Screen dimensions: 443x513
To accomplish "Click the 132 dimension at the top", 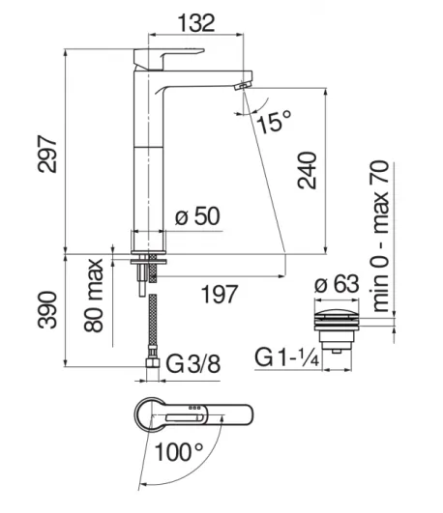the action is click(x=196, y=23).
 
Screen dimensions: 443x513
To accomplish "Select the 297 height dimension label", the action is click(x=47, y=154).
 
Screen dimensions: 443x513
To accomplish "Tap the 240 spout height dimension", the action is click(x=308, y=170).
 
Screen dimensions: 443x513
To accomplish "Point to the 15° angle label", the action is click(x=275, y=122).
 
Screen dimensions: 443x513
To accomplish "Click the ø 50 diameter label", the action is click(x=197, y=216).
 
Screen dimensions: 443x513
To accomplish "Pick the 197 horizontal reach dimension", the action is click(x=220, y=294).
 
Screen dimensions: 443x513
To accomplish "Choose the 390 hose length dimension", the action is click(x=47, y=310).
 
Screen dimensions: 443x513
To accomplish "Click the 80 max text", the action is click(x=94, y=296).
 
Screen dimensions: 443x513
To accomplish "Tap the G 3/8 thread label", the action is click(x=193, y=364).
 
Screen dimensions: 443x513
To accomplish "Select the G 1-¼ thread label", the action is click(x=286, y=357).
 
